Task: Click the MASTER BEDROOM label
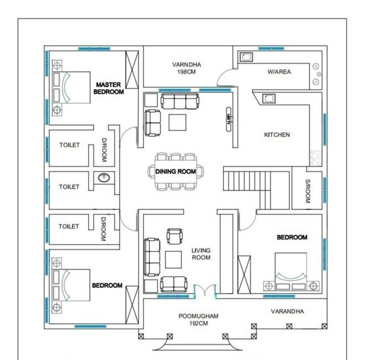(109, 88)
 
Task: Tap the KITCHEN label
(277, 135)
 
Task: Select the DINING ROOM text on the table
(175, 171)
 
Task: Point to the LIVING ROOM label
(201, 254)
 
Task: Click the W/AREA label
(279, 71)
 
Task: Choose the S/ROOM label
(307, 191)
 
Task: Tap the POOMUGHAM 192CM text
(198, 319)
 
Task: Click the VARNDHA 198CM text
(186, 68)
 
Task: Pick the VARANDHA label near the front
(287, 312)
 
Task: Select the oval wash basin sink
(104, 178)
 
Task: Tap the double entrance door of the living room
(205, 290)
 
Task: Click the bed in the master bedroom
(71, 87)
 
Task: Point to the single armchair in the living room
(175, 236)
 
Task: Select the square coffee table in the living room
(173, 260)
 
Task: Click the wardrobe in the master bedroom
(132, 69)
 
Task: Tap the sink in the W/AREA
(246, 57)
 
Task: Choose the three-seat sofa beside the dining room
(180, 101)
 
